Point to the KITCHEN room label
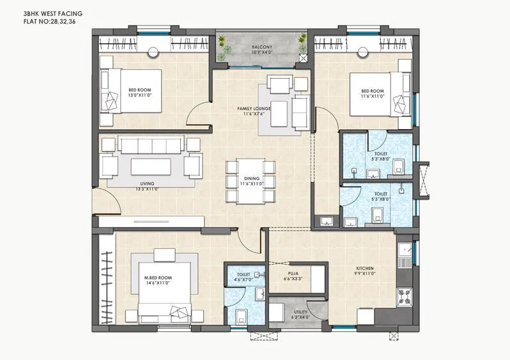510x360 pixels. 365,268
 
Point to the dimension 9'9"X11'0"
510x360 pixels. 365,274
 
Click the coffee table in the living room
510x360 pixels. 151,167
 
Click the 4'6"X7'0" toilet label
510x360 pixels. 243,278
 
